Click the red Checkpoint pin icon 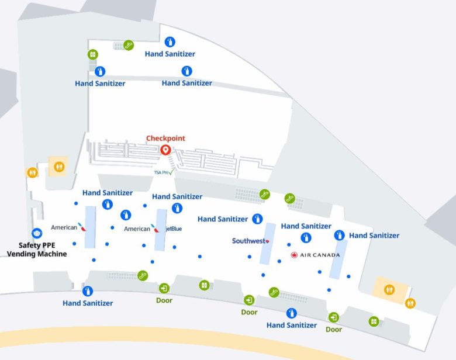165,150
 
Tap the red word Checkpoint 165,139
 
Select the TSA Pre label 163,172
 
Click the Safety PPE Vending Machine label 36,250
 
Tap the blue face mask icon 37,233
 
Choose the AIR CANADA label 316,255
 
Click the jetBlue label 174,229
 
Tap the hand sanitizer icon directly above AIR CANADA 305,238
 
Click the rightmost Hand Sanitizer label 374,236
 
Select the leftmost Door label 164,300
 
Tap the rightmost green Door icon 334,317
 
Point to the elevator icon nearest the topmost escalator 92,54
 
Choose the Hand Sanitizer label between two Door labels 292,325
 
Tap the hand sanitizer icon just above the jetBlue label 177,208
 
